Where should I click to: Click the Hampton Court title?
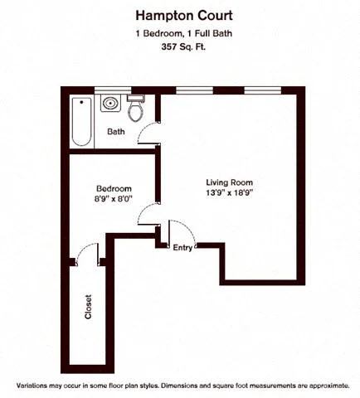coord(179,15)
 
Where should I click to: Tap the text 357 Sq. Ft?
coord(179,47)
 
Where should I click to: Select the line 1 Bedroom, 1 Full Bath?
coord(179,32)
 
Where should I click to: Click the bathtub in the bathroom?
coord(81,121)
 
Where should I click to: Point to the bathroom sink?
coord(109,104)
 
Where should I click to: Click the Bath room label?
coord(116,132)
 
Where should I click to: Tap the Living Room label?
coord(229,182)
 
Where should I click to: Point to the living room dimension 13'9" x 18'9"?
coord(229,193)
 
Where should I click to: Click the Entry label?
coord(182,247)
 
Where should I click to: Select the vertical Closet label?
coord(88,308)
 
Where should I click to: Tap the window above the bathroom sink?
coord(110,89)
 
